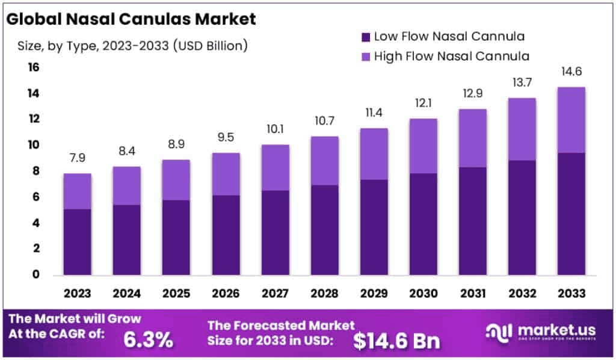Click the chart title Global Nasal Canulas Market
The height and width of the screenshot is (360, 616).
click(131, 19)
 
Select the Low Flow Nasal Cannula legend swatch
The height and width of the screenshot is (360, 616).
click(364, 37)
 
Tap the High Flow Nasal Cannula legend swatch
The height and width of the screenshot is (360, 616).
click(364, 57)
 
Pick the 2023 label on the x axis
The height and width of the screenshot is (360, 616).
click(78, 293)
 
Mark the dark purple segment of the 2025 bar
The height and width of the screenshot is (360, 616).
click(176, 237)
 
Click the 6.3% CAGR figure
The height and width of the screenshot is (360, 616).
click(149, 340)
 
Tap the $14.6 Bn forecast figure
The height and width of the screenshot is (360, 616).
click(396, 341)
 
